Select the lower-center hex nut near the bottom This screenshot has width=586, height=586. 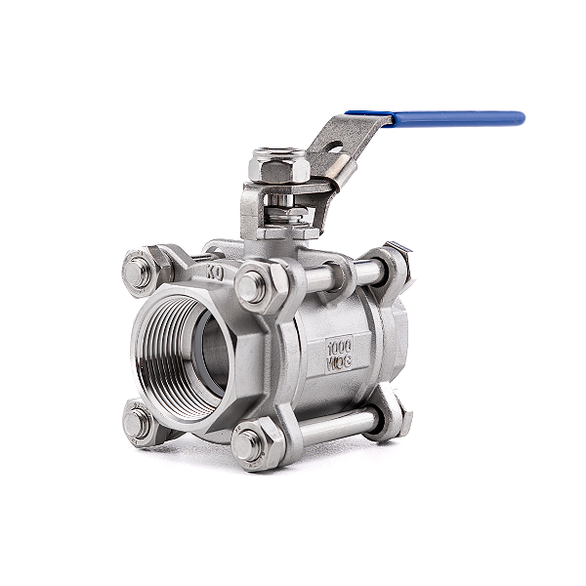click(250, 444)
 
